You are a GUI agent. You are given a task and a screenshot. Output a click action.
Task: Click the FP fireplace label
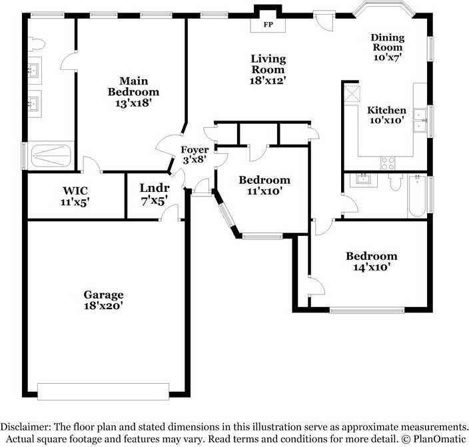[x=268, y=25]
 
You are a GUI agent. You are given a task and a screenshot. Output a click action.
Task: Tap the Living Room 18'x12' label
[x=268, y=69]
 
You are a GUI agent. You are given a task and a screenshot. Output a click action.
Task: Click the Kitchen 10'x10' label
[x=387, y=115]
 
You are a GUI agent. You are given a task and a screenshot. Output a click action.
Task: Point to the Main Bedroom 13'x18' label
[x=134, y=92]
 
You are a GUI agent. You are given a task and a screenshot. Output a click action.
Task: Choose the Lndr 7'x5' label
[x=154, y=193]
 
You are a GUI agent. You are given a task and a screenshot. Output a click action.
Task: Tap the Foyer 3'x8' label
[x=195, y=155]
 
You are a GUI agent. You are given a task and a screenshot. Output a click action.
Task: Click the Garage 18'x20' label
[x=103, y=300]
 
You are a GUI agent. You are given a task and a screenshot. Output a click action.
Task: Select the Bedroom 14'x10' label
[x=371, y=261]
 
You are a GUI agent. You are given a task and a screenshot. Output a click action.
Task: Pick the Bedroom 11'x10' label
[x=264, y=185]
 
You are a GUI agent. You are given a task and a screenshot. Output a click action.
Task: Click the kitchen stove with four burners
[x=388, y=163]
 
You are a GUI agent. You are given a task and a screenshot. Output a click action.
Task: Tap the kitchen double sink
[x=420, y=121]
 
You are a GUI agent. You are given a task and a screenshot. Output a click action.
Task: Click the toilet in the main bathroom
[x=37, y=44]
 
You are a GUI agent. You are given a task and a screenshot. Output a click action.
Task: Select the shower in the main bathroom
[x=51, y=155]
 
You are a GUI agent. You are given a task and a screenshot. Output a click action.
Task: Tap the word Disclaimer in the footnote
[x=27, y=426]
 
